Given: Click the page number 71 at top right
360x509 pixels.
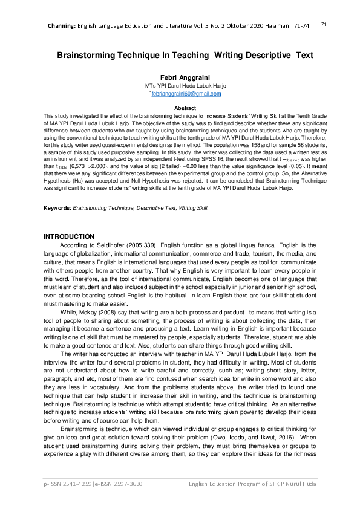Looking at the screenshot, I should click(324, 24).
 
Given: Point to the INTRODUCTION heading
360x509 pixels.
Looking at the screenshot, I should click(70, 236).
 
